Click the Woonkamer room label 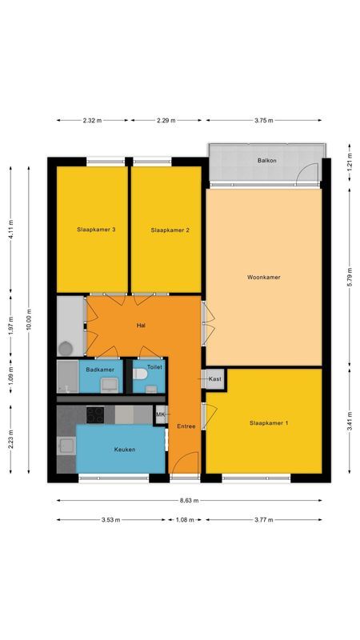263,278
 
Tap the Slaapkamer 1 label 269,422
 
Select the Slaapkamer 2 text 170,230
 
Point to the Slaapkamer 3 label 96,230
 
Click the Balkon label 267,161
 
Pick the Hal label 141,326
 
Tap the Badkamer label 100,370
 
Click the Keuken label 124,450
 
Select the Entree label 186,426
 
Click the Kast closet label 214,378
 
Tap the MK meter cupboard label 160,414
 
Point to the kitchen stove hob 95,414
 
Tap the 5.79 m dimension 349,277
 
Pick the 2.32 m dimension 92,121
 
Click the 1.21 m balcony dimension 349,170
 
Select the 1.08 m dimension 186,520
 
